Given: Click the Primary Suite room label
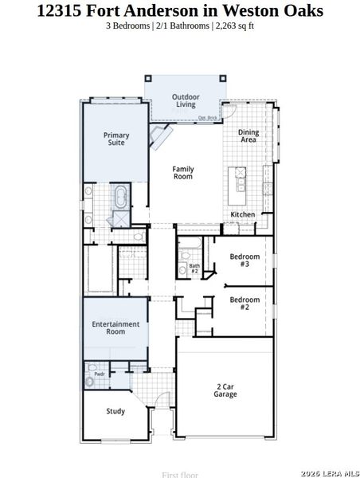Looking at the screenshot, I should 116,139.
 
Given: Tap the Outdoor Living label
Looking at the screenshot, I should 186,100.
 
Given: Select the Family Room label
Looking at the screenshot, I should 183,172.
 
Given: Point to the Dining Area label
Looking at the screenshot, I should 248,136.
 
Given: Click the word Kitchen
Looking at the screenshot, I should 242,215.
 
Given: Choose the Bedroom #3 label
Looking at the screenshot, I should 245,260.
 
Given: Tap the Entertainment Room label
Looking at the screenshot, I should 115,327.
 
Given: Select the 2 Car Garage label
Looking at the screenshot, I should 225,390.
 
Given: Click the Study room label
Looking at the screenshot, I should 115,411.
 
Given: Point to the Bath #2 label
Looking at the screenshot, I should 194,268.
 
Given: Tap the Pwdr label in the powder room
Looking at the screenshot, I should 100,374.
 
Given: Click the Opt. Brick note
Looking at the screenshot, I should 208,119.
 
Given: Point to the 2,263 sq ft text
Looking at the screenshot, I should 233,25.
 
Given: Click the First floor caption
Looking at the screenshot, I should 179,475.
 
